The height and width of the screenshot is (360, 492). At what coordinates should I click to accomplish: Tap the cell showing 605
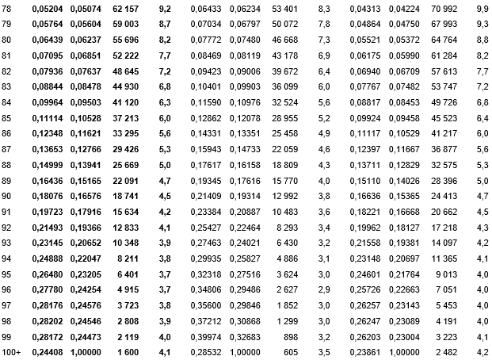[x=291, y=350]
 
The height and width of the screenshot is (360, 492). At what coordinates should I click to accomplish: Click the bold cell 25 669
[x=127, y=166]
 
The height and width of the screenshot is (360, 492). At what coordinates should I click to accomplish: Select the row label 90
[x=9, y=197]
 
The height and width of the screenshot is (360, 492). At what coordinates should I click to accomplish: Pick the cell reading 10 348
[x=127, y=243]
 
